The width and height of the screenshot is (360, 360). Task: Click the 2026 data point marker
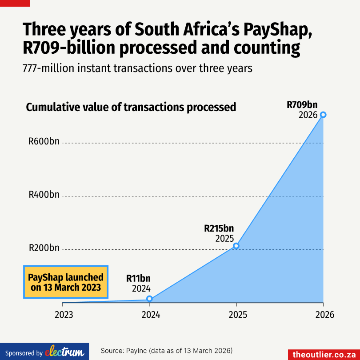323,115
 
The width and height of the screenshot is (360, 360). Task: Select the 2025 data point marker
236,246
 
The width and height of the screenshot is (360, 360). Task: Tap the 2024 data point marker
149,299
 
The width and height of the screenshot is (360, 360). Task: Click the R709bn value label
302,105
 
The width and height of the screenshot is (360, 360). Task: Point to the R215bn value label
219,228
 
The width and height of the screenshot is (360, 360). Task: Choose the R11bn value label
139,279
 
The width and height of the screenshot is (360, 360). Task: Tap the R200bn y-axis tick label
44,248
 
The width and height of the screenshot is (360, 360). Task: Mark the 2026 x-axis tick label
323,315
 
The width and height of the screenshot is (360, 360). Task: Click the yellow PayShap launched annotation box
66,282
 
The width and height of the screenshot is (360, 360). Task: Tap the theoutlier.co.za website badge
324,354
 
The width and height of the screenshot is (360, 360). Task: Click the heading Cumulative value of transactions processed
131,107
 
